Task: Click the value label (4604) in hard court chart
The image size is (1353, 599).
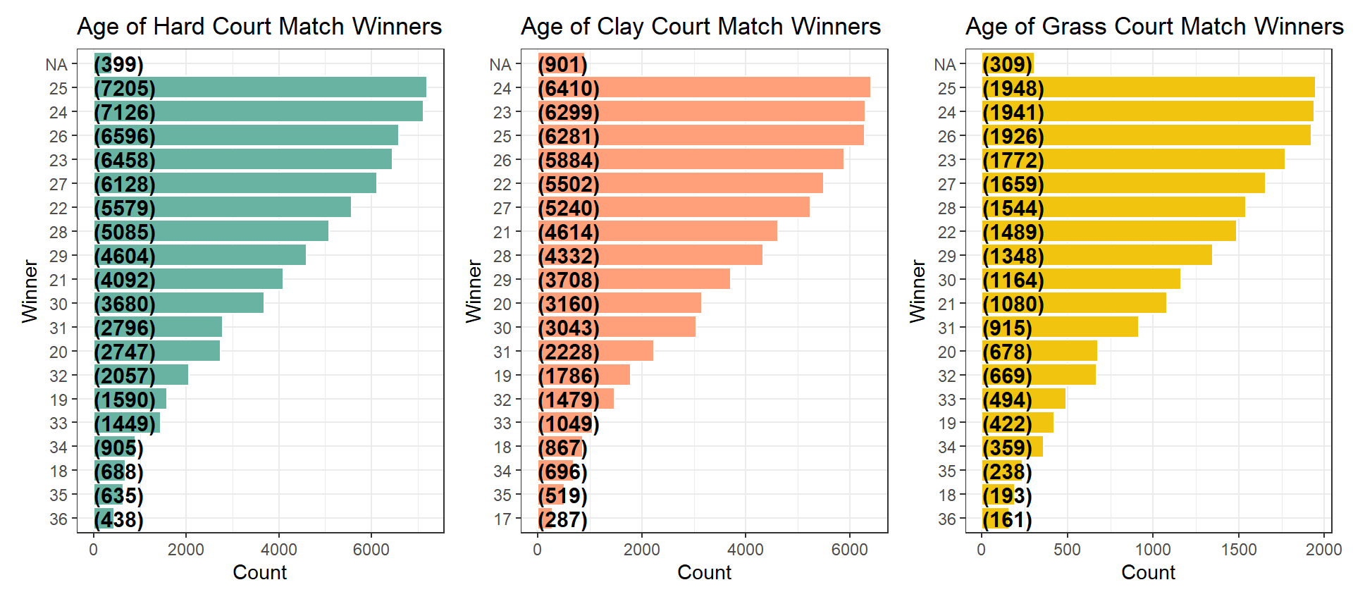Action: point(125,256)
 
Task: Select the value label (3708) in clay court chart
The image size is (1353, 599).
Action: point(569,280)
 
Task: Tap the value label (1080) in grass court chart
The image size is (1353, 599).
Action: point(1013,304)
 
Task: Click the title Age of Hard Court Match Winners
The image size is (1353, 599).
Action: point(259,27)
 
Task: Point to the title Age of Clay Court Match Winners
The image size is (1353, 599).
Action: point(701,27)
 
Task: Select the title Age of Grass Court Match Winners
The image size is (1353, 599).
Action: point(1154,27)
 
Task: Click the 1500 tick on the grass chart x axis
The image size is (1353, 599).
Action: point(1239,550)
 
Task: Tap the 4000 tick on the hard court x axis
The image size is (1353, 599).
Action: point(279,550)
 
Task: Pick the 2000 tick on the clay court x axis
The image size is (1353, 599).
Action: point(642,550)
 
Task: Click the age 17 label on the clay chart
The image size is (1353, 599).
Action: point(502,519)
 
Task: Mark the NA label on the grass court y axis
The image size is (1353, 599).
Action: point(945,65)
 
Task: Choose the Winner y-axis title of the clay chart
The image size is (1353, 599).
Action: point(474,291)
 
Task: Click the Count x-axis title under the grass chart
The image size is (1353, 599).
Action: point(1148,572)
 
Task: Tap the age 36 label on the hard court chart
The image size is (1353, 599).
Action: point(58,519)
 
